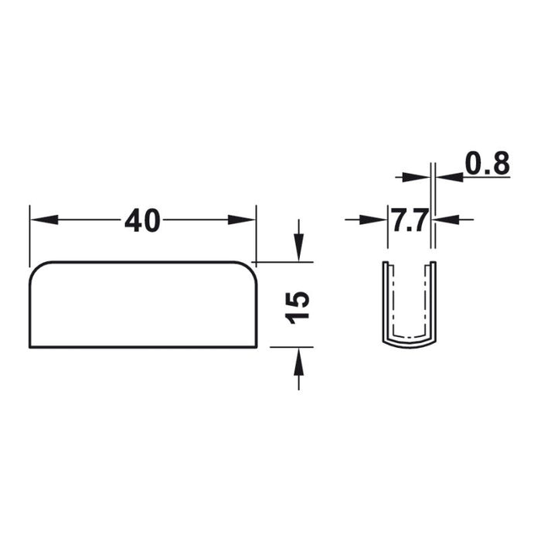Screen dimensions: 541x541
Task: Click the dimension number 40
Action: pyautogui.click(x=142, y=220)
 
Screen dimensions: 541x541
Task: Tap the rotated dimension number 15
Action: pyautogui.click(x=298, y=308)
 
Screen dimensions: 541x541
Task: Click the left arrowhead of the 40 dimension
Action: pyautogui.click(x=44, y=219)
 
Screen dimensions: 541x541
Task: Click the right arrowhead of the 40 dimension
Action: pyautogui.click(x=242, y=219)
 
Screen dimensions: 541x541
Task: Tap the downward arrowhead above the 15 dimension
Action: pyautogui.click(x=299, y=247)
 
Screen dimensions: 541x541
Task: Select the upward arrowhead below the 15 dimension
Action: pyautogui.click(x=299, y=361)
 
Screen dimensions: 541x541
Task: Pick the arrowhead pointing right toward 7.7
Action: pyautogui.click(x=373, y=219)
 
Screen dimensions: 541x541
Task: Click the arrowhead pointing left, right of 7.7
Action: pyautogui.click(x=447, y=219)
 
